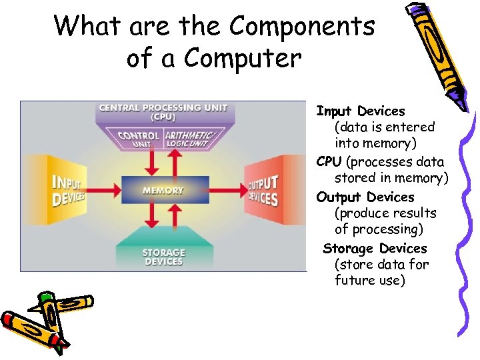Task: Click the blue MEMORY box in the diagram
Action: (162, 190)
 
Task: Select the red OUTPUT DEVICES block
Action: (265, 191)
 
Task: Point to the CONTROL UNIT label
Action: (138, 139)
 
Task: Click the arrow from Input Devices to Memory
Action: (104, 189)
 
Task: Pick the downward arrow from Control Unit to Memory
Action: (151, 161)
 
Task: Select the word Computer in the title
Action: (243, 58)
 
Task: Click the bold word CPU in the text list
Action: (329, 161)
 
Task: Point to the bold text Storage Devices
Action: (374, 248)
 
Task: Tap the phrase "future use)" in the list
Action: (369, 280)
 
